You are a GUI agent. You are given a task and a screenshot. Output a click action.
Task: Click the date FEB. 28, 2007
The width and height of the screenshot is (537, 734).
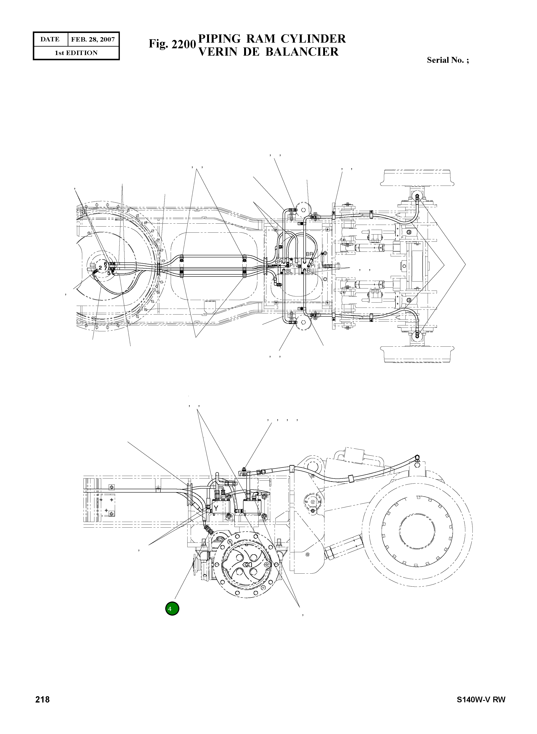pos(93,40)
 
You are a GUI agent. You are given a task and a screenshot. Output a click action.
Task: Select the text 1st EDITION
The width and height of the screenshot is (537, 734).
pos(76,53)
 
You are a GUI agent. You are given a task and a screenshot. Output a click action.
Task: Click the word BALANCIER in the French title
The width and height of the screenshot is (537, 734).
pos(302,52)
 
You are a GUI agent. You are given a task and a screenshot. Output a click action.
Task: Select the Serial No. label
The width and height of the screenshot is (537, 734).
pos(448,60)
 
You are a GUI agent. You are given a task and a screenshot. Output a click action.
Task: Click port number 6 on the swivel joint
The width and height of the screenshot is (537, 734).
pos(105,264)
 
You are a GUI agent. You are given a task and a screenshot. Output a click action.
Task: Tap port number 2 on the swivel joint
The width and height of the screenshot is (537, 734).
pos(100,268)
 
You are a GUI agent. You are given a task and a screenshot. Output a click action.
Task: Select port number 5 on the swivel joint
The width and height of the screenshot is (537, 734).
pos(108,273)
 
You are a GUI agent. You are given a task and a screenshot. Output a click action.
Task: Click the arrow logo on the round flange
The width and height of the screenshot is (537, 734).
pos(247,565)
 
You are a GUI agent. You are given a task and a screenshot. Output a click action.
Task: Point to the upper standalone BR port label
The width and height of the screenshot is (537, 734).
pos(309,254)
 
